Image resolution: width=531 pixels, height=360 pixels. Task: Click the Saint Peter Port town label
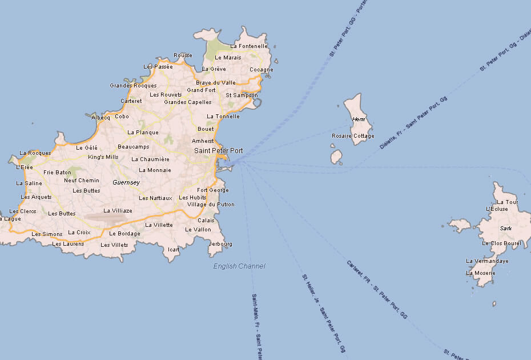[218, 151]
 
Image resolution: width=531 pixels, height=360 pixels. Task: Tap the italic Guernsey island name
[126, 182]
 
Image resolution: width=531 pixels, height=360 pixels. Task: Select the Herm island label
[359, 119]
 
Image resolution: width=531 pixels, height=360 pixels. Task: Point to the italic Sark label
[505, 228]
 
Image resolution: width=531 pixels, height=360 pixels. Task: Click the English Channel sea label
[239, 266]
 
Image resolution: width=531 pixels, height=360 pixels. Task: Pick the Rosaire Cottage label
[353, 136]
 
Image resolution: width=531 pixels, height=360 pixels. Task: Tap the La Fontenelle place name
[249, 46]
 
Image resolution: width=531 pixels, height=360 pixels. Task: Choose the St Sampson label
[242, 95]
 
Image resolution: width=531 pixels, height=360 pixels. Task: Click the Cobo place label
[122, 117]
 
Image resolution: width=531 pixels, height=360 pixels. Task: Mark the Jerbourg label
[221, 244]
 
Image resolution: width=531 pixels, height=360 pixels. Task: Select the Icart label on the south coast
[174, 250]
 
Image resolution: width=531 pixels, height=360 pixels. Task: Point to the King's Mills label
[103, 157]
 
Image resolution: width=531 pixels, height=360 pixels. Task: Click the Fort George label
[212, 190]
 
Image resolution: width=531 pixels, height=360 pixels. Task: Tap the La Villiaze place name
[118, 211]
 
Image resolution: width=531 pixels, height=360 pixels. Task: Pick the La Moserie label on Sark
[481, 273]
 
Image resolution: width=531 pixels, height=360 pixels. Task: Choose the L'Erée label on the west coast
[25, 167]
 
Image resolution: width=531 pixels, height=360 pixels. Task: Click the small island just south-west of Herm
[336, 157]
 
